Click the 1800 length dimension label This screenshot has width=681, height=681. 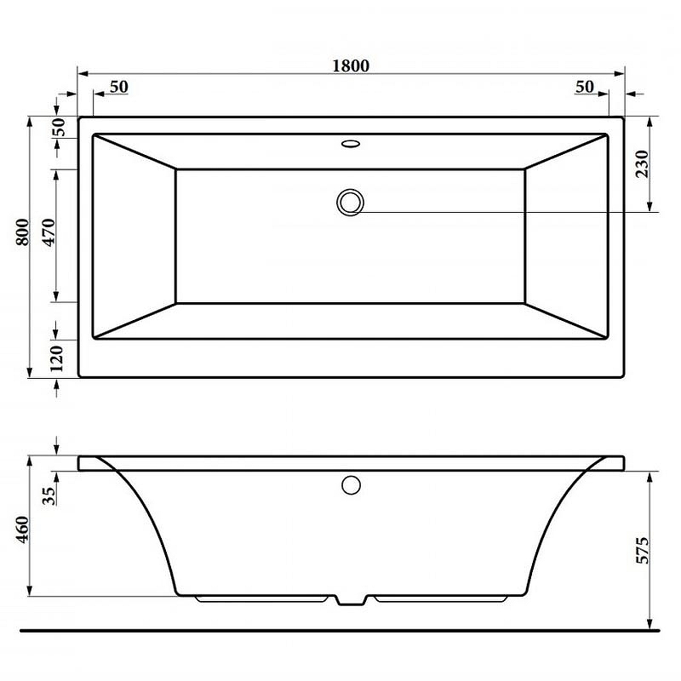click(351, 66)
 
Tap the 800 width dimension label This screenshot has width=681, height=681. click(23, 232)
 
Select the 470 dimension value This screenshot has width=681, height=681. click(49, 232)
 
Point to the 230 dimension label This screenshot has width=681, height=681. click(642, 163)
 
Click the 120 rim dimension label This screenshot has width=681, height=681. click(56, 358)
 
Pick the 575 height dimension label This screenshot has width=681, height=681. click(642, 551)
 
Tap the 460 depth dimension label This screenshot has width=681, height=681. click(23, 529)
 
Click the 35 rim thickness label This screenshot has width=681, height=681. click(49, 495)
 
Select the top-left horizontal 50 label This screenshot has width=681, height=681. click(119, 87)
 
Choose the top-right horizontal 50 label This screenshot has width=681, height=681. click(585, 87)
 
